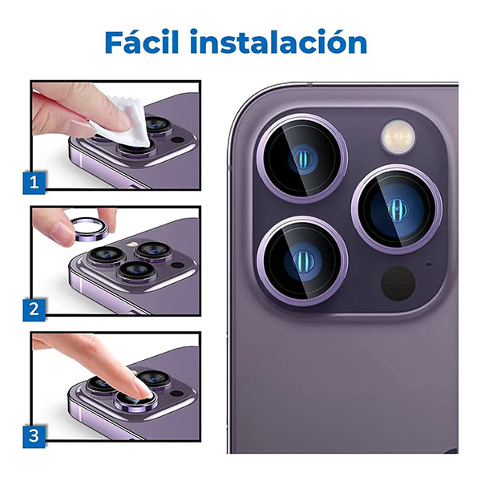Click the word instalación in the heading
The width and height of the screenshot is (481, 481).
[x=278, y=42]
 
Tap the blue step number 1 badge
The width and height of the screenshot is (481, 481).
[x=34, y=183]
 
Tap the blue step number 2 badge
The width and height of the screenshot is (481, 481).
[x=34, y=309]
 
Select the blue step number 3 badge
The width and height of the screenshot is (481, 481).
[x=34, y=437]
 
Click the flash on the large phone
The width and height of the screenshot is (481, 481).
[x=398, y=137]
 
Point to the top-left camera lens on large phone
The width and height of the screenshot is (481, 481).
[x=302, y=158]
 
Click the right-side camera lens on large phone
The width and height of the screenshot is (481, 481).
[x=397, y=209]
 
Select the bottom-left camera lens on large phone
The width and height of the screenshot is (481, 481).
[x=302, y=261]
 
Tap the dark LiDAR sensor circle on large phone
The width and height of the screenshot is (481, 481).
[x=398, y=283]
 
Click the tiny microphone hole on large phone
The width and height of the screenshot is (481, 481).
[x=429, y=264]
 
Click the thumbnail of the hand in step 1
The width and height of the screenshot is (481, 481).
[x=81, y=127]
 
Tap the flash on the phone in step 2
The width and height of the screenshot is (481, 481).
[x=132, y=245]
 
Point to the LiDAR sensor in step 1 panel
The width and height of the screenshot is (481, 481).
[x=178, y=140]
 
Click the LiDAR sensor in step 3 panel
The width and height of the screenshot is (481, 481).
[x=177, y=394]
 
